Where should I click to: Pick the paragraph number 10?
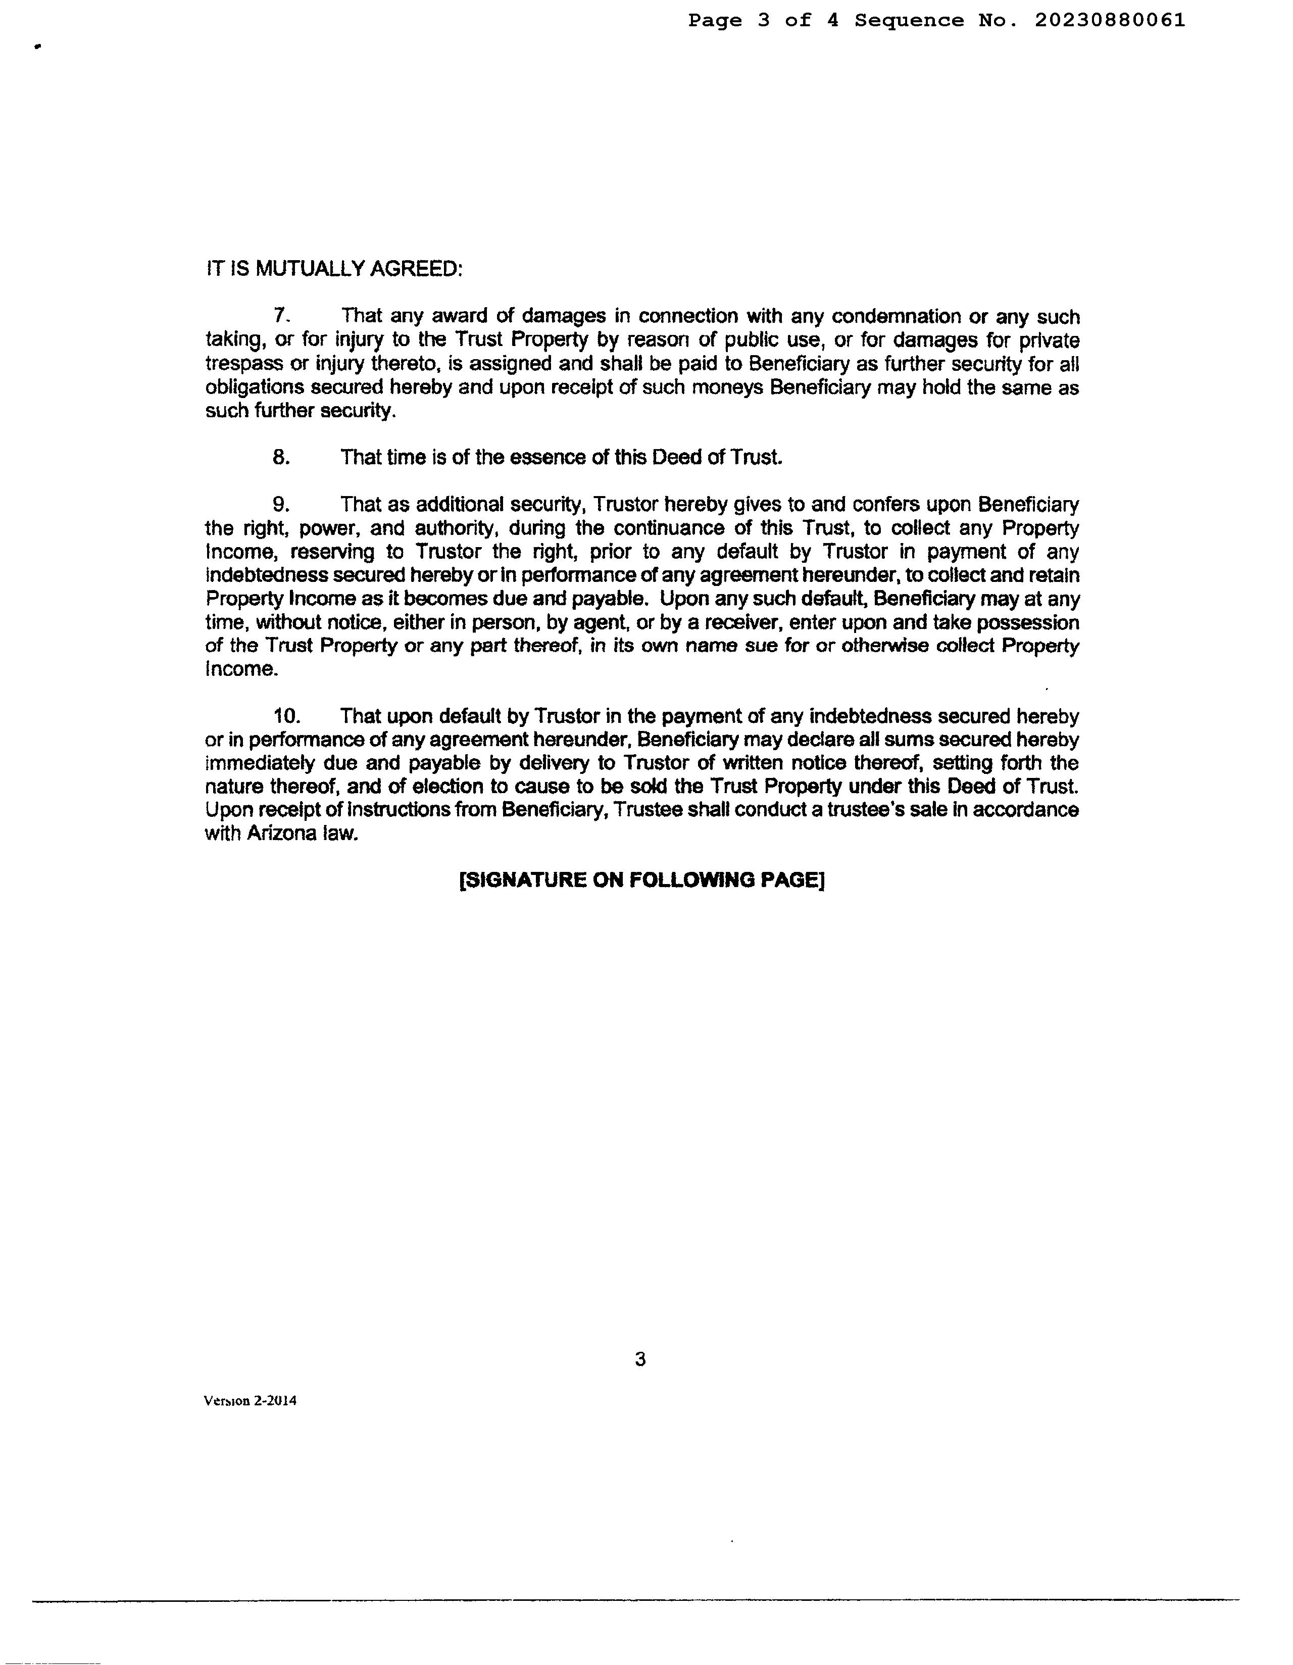pos(287,717)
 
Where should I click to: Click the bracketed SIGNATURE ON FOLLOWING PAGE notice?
pos(642,880)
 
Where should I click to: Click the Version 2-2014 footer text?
pos(250,1400)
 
